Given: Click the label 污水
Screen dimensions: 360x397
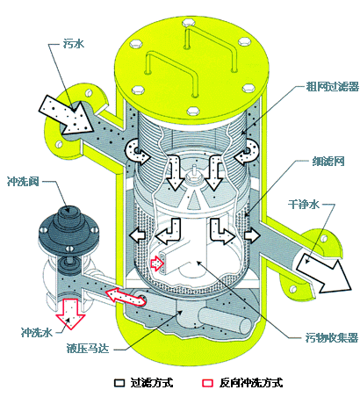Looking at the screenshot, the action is (74, 44).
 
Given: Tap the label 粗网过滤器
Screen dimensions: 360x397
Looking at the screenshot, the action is (332, 87).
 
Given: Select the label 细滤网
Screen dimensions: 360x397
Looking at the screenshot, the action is (328, 162).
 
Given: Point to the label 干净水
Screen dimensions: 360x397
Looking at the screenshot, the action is (304, 204).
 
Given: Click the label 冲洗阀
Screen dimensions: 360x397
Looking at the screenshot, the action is (23, 182).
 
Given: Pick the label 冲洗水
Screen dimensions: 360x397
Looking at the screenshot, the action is (37, 332).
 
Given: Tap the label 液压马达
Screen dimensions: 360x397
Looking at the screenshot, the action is (88, 349).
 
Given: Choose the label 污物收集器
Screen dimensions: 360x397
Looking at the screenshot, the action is (332, 337).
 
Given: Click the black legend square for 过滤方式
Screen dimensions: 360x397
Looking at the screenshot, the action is (119, 383).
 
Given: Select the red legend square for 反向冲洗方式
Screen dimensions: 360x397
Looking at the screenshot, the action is (208, 383).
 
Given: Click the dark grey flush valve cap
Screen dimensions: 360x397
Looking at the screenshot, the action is (68, 226).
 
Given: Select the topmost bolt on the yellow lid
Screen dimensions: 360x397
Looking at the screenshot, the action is (188, 23).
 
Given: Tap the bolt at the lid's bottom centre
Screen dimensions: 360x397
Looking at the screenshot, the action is (193, 111).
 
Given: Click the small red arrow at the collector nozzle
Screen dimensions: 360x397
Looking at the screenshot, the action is (157, 264).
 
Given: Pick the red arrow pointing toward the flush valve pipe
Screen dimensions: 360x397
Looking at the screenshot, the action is (126, 297).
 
